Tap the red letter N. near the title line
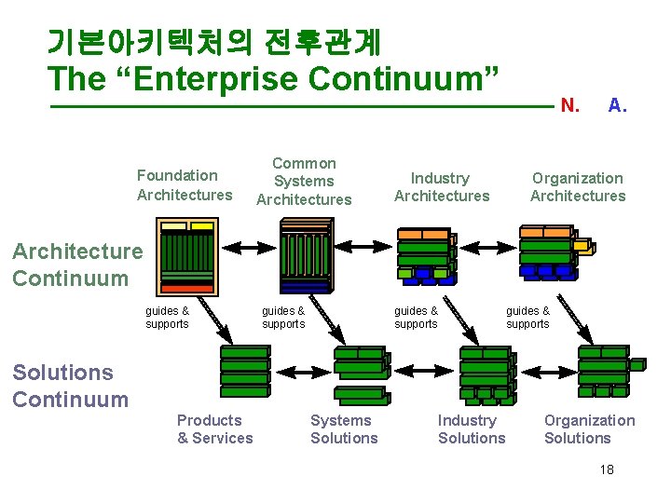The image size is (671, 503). (569, 106)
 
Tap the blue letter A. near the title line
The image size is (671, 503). (617, 106)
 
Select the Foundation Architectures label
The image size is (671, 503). (185, 184)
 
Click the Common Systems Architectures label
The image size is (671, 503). (304, 182)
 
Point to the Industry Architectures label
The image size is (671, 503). (441, 186)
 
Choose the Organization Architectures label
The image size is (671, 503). (578, 186)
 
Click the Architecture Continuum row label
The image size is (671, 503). (77, 265)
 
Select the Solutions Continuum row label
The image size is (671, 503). (70, 386)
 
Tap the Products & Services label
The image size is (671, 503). (214, 429)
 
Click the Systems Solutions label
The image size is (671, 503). (344, 429)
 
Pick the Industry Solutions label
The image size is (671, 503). (472, 429)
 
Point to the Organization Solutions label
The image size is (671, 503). (589, 429)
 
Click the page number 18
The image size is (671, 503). (607, 470)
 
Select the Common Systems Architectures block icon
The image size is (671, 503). (305, 256)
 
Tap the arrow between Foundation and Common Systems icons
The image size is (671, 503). (247, 248)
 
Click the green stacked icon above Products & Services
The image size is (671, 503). (245, 371)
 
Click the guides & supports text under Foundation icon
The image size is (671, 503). (167, 318)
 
